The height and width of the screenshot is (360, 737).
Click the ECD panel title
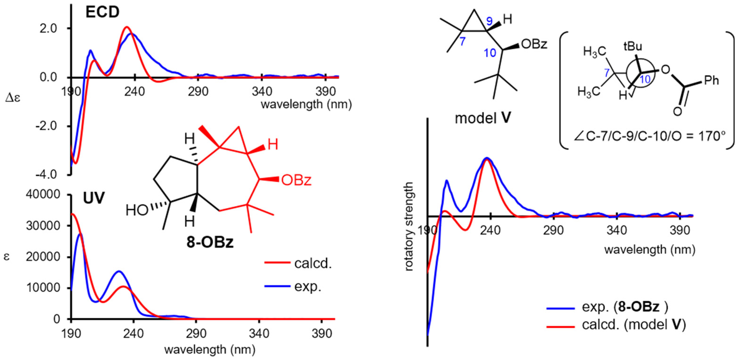click(x=102, y=12)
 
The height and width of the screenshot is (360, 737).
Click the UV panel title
click(x=94, y=198)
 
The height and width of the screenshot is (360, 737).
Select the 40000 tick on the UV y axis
click(x=43, y=195)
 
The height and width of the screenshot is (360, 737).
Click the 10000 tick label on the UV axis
click(x=43, y=288)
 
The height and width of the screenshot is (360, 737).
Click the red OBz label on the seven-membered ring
click(x=296, y=180)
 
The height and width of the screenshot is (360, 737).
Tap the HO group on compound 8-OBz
click(x=137, y=210)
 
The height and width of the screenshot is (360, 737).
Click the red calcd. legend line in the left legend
click(x=277, y=262)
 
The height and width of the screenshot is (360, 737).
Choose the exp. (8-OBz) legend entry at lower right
click(x=615, y=307)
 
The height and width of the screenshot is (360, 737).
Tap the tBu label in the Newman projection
click(x=633, y=46)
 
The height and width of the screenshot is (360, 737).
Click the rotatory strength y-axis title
click(x=409, y=226)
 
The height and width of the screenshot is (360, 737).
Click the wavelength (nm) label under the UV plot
click(x=210, y=349)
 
